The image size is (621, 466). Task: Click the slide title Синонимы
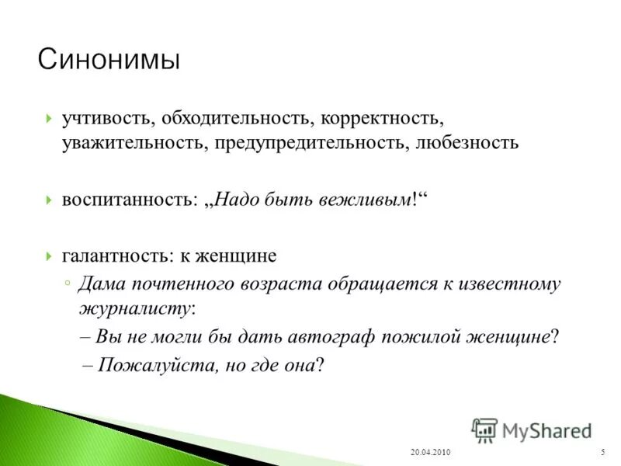(x=109, y=59)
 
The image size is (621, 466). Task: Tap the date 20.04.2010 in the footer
(x=429, y=453)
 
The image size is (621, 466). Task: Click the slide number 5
(x=602, y=453)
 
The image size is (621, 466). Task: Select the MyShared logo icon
(x=484, y=429)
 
